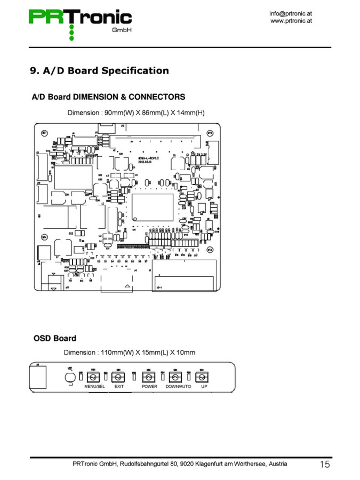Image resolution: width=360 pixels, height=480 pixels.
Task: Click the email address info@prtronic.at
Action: pyautogui.click(x=290, y=14)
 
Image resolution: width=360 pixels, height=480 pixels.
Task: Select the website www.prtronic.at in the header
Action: pyautogui.click(x=291, y=21)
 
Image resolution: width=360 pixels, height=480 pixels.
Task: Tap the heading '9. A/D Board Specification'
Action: pyautogui.click(x=99, y=70)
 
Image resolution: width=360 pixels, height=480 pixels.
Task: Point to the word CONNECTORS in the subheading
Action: pyautogui.click(x=157, y=97)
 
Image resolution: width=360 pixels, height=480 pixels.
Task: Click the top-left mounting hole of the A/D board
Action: pyautogui.click(x=45, y=133)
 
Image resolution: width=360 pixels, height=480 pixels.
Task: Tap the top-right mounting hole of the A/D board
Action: pyautogui.click(x=210, y=133)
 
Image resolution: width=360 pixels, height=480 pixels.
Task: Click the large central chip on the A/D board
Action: pyautogui.click(x=152, y=207)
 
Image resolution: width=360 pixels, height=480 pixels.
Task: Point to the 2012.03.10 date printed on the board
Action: pyautogui.click(x=145, y=162)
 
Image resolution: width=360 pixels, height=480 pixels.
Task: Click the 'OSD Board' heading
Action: pyautogui.click(x=55, y=338)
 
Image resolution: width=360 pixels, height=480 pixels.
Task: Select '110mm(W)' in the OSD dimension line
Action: pyautogui.click(x=117, y=352)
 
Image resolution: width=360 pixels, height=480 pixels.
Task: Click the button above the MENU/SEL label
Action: pyautogui.click(x=93, y=377)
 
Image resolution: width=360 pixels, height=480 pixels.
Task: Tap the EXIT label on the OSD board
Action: pyautogui.click(x=119, y=386)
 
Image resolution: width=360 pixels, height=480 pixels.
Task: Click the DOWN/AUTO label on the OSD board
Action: pyautogui.click(x=178, y=386)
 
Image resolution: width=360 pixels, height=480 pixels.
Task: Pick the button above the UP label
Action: pyautogui.click(x=202, y=377)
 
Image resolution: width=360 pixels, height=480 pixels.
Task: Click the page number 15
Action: pyautogui.click(x=324, y=464)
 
